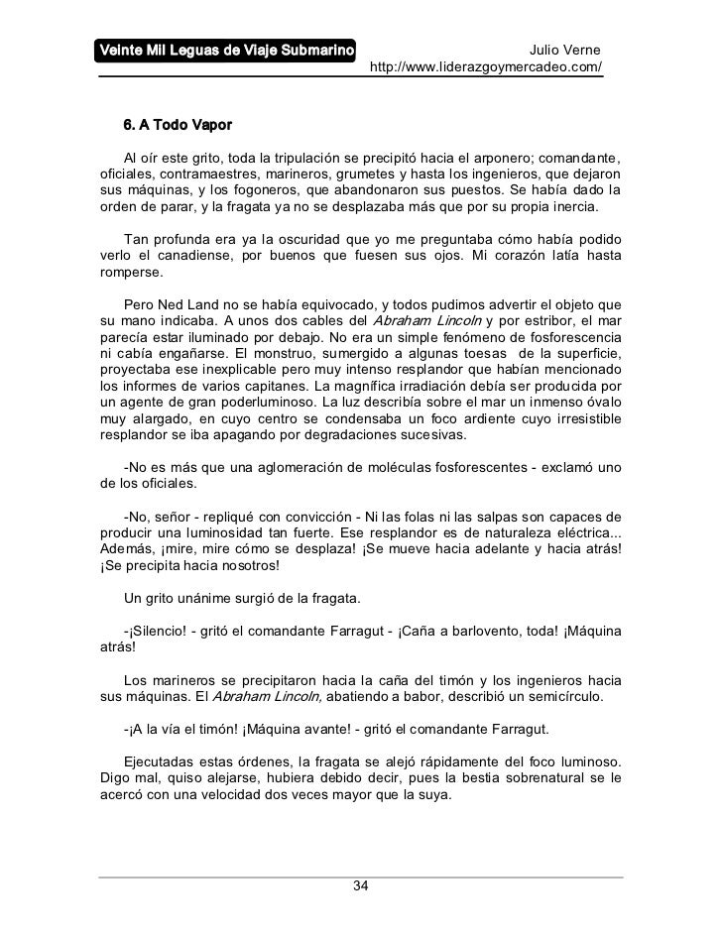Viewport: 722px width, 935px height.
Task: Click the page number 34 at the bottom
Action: (361, 884)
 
